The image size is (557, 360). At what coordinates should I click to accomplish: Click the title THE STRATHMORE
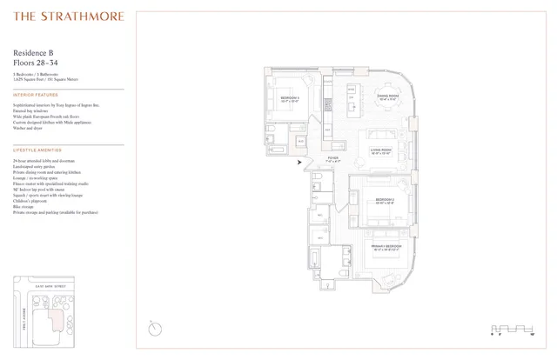70,17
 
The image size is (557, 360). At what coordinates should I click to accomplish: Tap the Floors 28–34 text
39,63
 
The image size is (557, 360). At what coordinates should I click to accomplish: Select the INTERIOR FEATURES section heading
36,95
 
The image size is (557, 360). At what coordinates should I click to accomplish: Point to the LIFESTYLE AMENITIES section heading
37,150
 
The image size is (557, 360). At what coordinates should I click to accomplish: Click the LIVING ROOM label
381,149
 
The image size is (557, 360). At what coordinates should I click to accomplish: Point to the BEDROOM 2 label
386,200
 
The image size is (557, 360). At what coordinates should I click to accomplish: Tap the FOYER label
333,158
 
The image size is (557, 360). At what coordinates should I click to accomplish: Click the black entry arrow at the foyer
300,162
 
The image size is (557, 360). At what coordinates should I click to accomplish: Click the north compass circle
154,328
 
